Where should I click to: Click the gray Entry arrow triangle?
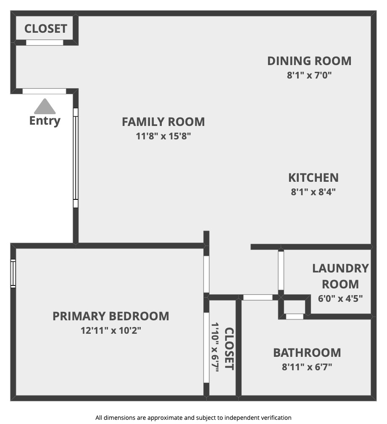(x=45, y=107)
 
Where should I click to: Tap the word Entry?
(x=45, y=121)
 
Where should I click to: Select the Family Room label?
(x=163, y=122)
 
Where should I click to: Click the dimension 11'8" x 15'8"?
(x=163, y=136)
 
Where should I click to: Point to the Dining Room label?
(x=309, y=61)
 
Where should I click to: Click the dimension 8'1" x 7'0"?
(x=309, y=75)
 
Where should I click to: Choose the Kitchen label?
(x=313, y=178)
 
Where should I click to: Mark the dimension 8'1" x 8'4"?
(x=313, y=192)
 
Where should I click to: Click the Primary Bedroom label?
(x=111, y=316)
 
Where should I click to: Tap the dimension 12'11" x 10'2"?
(x=111, y=330)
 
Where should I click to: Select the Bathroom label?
(x=307, y=353)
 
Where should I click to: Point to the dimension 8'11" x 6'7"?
(x=307, y=366)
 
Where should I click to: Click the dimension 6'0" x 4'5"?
(x=340, y=298)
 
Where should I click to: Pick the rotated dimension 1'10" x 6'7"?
(x=215, y=347)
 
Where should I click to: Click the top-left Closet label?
(x=46, y=29)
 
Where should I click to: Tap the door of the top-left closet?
(x=45, y=42)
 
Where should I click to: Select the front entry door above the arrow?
(x=44, y=91)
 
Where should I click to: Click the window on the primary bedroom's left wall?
(x=13, y=273)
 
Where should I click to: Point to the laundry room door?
(x=281, y=270)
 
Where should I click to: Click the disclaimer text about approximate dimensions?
(x=193, y=418)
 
